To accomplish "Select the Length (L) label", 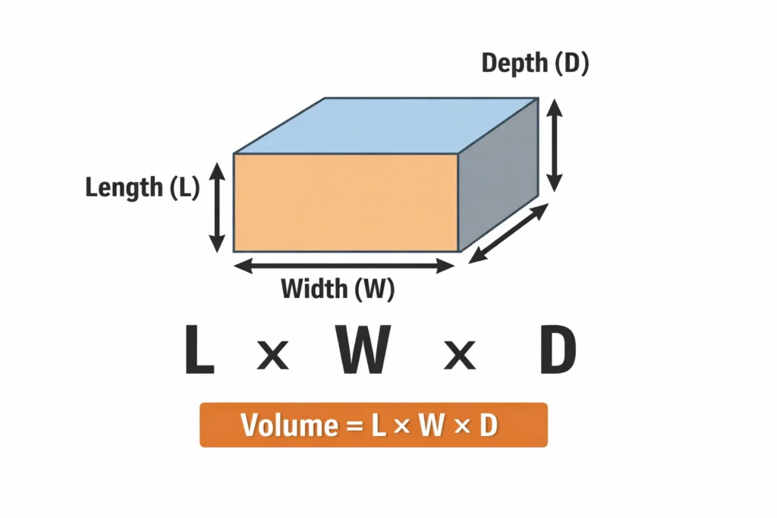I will pos(142,187).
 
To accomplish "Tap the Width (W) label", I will pos(338,289).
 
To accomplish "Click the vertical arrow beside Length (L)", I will pos(218,208).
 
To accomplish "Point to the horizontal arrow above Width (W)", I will pos(344,265).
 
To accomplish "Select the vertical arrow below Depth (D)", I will pos(555,146).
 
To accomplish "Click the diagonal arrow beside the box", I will pos(508,233).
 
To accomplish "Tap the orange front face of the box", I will pos(345,202).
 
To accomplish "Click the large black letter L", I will pos(199,350).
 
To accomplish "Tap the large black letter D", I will pos(558,350).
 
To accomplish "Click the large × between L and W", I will pos(272,354).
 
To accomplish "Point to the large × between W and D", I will pos(459,354).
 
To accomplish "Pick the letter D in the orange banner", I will pos(488,425).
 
